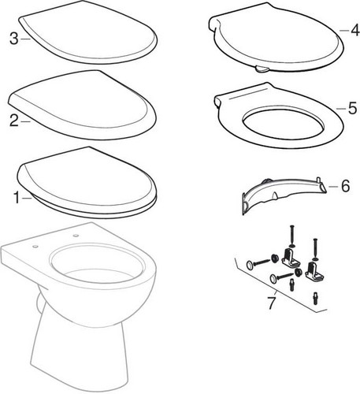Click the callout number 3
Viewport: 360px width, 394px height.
14,39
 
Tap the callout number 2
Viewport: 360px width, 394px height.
14,121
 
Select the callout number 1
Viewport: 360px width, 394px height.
17,198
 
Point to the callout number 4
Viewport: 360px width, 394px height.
354,30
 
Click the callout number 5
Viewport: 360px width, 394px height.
352,108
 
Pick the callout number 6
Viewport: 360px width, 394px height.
345,186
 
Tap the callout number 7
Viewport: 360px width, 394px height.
272,303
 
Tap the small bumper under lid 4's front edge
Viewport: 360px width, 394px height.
262,69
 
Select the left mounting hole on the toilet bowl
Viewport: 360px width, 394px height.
35,247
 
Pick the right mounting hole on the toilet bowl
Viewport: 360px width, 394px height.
76,235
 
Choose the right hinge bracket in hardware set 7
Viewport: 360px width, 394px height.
314,270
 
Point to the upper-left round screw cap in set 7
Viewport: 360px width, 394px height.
250,265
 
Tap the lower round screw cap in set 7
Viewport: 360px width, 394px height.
273,278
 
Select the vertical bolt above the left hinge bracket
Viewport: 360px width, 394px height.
291,236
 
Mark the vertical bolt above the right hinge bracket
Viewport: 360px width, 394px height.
315,249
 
